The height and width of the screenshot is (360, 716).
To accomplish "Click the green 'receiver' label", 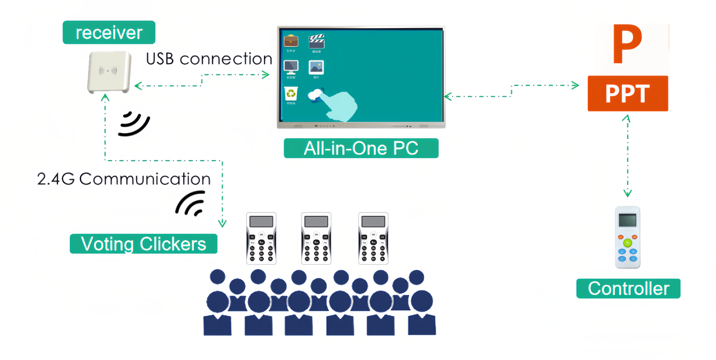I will point(109,32).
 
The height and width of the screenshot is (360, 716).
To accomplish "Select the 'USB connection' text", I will point(209,59).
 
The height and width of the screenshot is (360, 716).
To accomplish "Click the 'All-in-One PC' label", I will point(361,148).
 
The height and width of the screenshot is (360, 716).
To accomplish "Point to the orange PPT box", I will point(628,93).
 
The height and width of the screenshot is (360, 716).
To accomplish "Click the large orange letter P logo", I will point(627,44).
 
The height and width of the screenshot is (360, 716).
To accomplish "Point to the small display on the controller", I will point(627,220).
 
